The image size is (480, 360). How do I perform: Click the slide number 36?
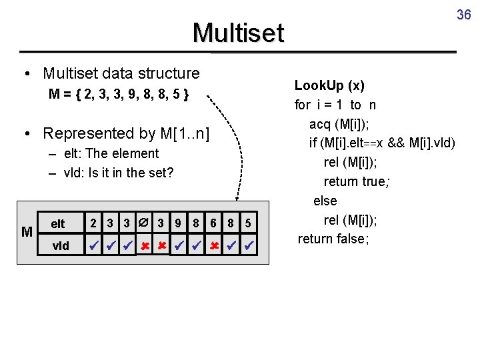[463, 14]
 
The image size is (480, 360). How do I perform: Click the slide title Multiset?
[238, 33]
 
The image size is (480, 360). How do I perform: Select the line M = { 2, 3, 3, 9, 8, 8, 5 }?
[119, 95]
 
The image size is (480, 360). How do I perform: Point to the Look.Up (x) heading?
[329, 85]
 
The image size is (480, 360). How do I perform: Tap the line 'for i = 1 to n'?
[335, 105]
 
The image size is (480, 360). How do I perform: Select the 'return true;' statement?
[355, 181]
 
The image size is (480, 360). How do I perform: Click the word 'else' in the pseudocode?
[325, 201]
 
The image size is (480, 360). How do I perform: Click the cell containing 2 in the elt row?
[94, 223]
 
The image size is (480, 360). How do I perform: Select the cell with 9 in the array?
[178, 223]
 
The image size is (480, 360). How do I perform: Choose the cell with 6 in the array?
[213, 223]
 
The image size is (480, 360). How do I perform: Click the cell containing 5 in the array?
[248, 223]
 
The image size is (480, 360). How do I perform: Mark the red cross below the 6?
[213, 246]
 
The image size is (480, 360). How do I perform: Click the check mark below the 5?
[248, 246]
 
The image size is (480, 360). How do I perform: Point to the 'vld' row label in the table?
[60, 246]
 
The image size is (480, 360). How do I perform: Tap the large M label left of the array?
[27, 232]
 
